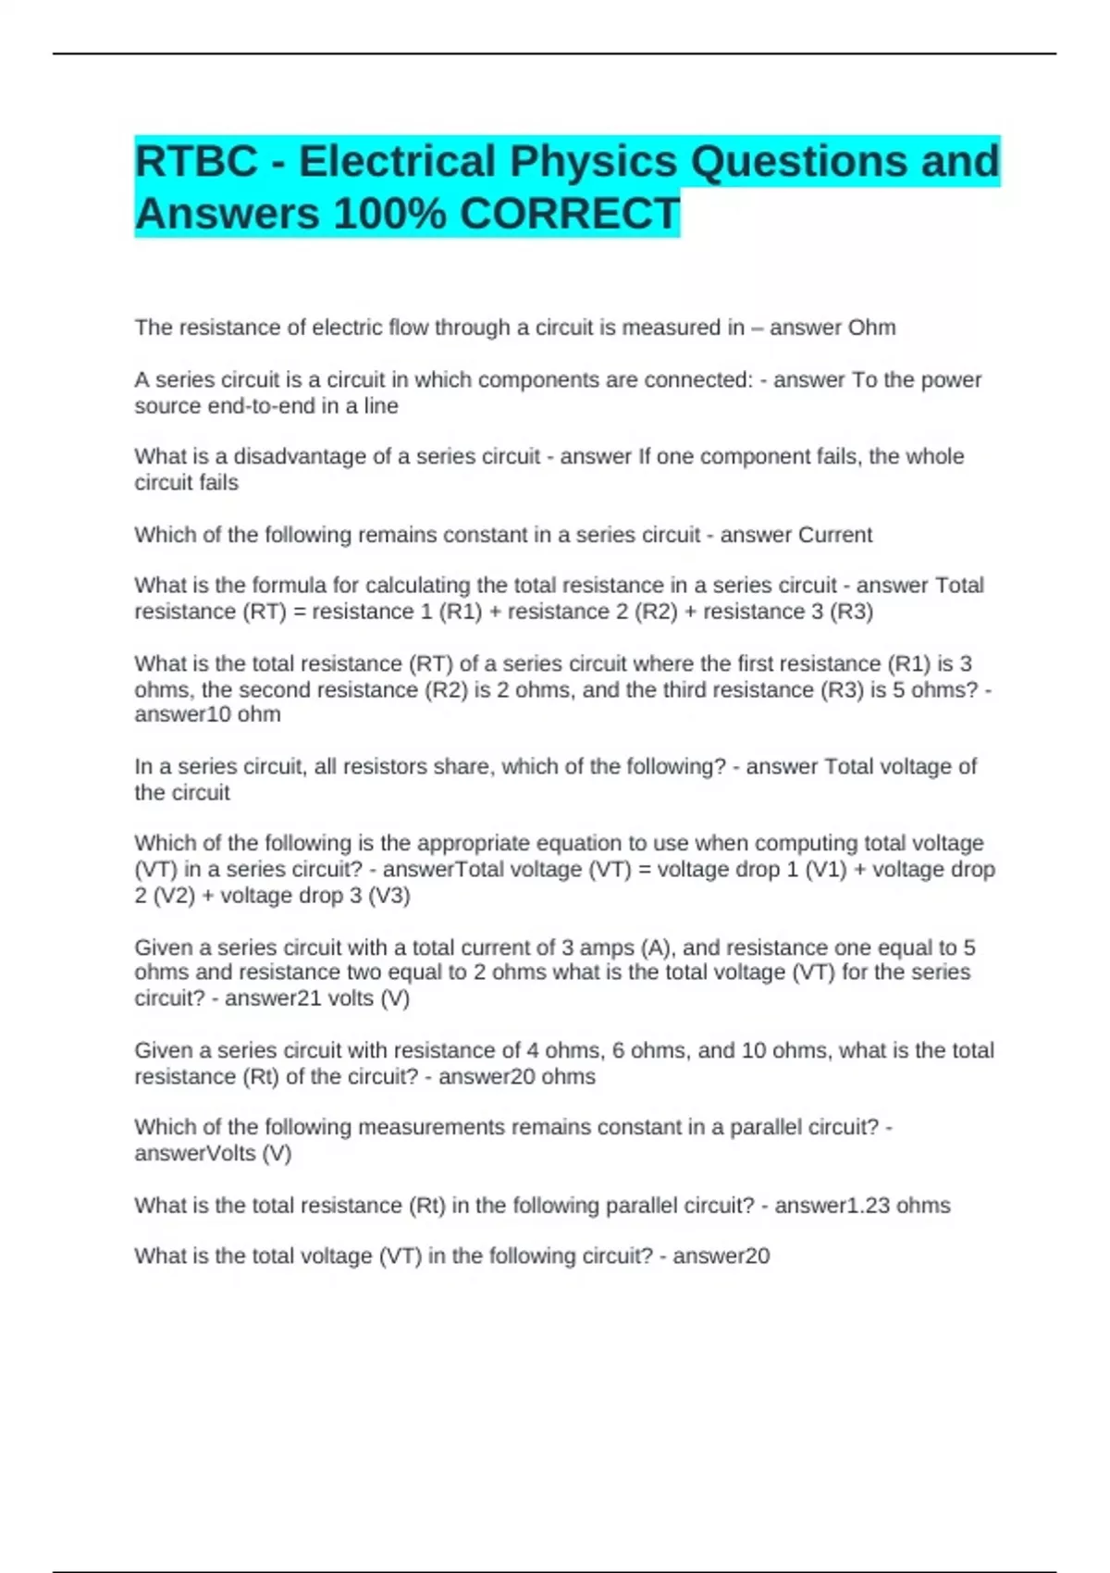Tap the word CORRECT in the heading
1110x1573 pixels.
(x=570, y=214)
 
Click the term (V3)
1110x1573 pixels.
(x=389, y=896)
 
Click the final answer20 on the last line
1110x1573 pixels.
(x=721, y=1257)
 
